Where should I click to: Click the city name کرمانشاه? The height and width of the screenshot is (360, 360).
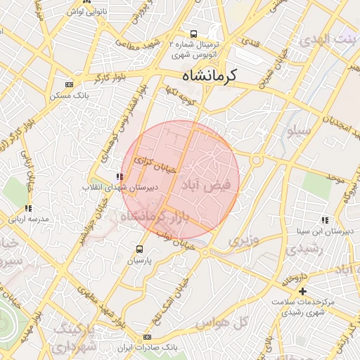[210, 75]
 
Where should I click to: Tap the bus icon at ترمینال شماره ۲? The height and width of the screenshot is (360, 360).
[193, 34]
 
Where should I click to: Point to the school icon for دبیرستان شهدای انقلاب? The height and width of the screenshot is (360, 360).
[118, 177]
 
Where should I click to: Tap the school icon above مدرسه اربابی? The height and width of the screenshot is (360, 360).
[28, 208]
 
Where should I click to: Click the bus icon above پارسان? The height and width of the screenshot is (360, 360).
[139, 249]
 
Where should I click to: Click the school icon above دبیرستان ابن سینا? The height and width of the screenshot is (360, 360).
[324, 220]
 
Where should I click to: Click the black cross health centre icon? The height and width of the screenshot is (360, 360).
[303, 290]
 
